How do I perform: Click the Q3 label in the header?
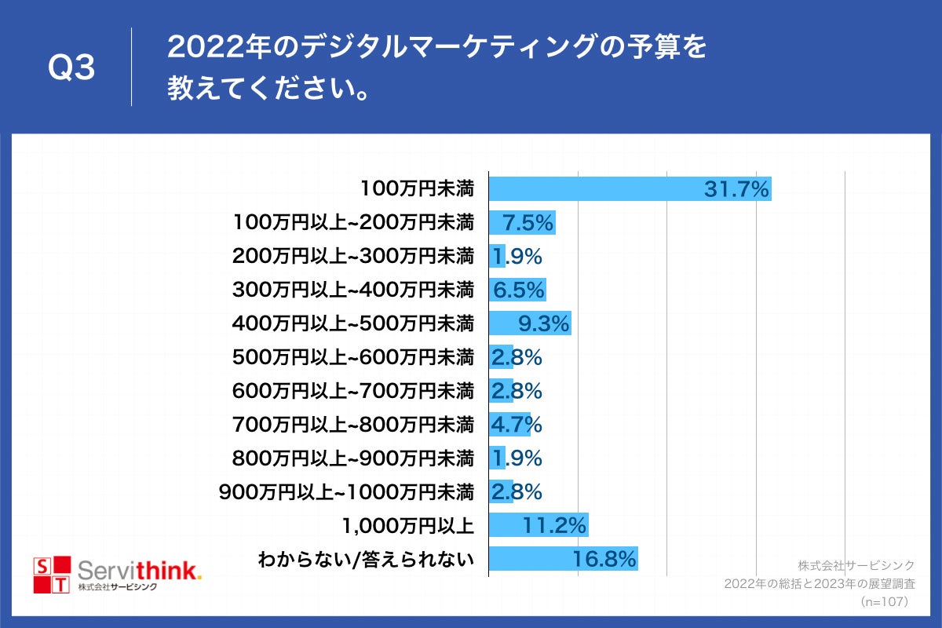[71, 68]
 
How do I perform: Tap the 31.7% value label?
[736, 189]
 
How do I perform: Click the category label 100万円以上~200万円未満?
[353, 223]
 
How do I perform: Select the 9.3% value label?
[543, 323]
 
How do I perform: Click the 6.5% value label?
[519, 290]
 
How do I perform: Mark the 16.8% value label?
[604, 559]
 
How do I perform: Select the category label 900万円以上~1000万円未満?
[346, 492]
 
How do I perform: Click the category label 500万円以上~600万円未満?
[353, 357]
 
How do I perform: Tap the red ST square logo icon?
[51, 575]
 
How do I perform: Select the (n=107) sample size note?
[884, 601]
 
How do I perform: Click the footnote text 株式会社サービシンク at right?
[856, 565]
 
